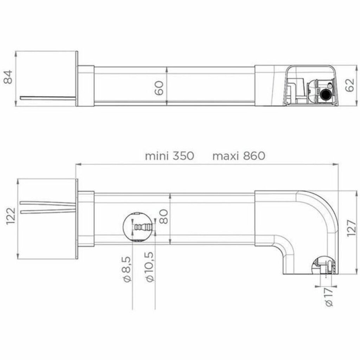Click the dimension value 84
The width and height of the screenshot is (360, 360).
coord(8,77)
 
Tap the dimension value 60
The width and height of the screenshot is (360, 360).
coord(159,88)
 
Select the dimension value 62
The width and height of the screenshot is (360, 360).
coord(350,85)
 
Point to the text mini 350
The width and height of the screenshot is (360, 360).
coord(170,156)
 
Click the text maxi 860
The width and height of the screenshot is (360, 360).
coord(239,156)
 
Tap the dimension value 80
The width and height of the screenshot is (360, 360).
coord(164,217)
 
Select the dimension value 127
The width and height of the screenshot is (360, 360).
coord(351,229)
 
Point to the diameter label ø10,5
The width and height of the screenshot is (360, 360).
coord(149,267)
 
